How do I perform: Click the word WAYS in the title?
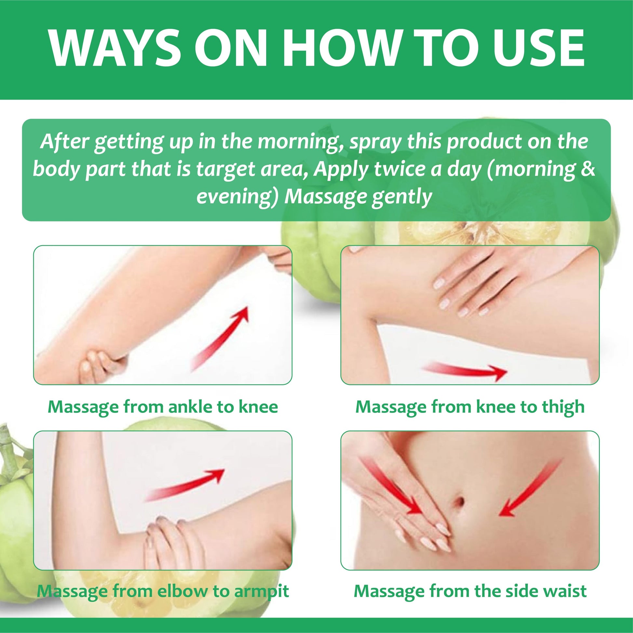114,49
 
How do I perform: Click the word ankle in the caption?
190,407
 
